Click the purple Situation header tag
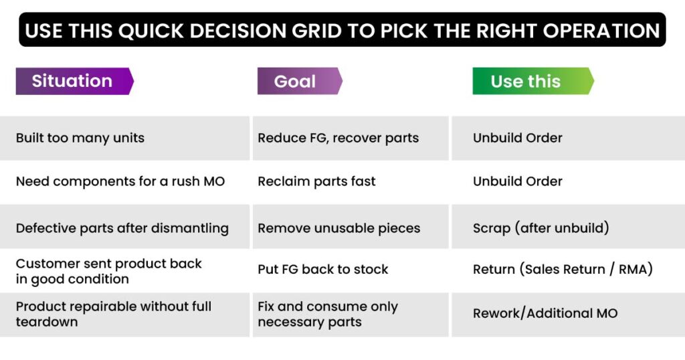(74, 81)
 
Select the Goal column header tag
(300, 81)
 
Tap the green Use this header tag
(533, 81)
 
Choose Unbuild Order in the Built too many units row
(518, 138)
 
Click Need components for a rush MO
(120, 181)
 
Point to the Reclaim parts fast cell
(316, 181)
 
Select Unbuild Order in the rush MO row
(518, 181)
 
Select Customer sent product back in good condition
(109, 271)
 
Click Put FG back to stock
(323, 269)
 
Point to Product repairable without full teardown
(114, 314)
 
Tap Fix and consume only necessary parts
(328, 314)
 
